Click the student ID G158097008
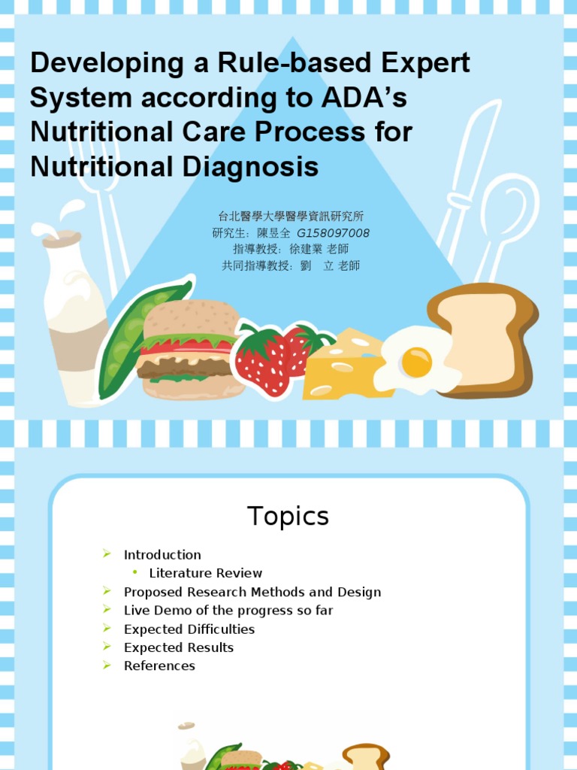(x=333, y=233)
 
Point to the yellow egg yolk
(x=416, y=362)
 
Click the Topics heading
(x=288, y=517)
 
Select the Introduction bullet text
(x=162, y=555)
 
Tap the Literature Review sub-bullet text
(x=205, y=574)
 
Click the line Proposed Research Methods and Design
(x=252, y=593)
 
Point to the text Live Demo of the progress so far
(x=228, y=611)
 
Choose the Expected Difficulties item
(x=189, y=629)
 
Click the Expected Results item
(x=179, y=647)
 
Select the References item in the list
(x=159, y=666)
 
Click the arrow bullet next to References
(x=107, y=665)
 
